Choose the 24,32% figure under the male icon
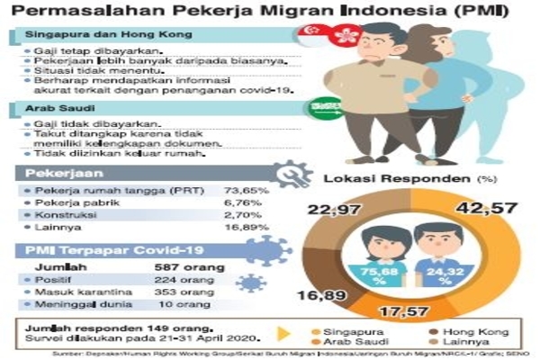tap(440, 274)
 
